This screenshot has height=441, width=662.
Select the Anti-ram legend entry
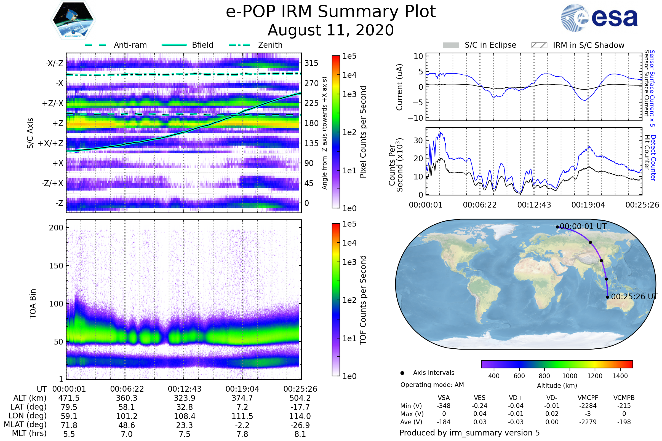coord(116,45)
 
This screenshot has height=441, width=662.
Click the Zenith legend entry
coord(256,45)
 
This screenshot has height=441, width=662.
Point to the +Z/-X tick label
coord(53,104)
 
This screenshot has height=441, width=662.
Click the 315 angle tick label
coord(311,63)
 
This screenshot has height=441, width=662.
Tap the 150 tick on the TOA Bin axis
coord(56,266)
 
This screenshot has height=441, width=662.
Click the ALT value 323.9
coord(185,398)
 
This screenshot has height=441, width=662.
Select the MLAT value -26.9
coord(300,425)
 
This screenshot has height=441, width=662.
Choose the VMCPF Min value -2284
coord(588,406)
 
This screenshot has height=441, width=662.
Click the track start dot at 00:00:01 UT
coord(557,227)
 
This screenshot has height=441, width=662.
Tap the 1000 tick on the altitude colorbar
coord(570,376)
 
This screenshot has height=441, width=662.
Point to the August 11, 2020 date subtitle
coord(331,30)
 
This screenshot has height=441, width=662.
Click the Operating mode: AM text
coord(432,385)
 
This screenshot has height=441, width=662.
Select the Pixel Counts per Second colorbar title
coord(363,132)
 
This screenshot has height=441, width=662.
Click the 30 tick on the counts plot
coord(418,140)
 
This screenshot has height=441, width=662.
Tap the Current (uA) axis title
coord(399,87)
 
